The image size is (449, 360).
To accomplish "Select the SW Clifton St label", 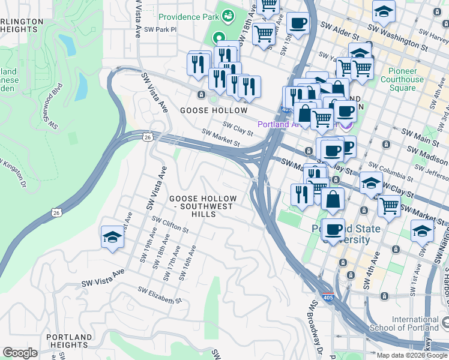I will [x=170, y=225].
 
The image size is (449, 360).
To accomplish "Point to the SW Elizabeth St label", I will [x=159, y=295].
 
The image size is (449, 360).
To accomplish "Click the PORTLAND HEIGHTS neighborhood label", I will [x=67, y=341].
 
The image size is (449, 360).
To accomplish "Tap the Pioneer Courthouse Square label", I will [x=402, y=79].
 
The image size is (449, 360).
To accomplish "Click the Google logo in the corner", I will [x=20, y=353].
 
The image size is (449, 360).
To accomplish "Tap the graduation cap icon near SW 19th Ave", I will [x=112, y=238].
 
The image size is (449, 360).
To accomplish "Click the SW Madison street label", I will [x=431, y=154].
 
